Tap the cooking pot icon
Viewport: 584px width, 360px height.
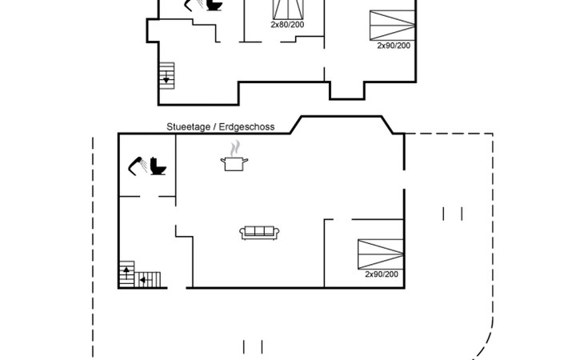coord(234,163)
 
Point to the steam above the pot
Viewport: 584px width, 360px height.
coord(234,148)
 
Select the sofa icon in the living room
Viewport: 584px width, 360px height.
coord(259,233)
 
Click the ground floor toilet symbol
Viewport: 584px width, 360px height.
coord(158,166)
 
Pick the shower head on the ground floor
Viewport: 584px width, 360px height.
coord(135,164)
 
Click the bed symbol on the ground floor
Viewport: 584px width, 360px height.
coord(380,254)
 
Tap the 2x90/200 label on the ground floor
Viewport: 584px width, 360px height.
coord(382,274)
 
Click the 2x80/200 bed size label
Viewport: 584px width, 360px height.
coord(287,25)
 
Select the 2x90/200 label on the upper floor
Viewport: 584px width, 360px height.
coord(394,46)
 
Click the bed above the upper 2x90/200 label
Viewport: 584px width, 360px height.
coord(393,24)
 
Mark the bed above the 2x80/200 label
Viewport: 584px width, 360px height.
coord(289,9)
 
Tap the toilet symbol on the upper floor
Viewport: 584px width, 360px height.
coord(214,6)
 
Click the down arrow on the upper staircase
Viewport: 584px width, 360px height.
coord(167,78)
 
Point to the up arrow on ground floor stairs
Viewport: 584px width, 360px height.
coord(126,273)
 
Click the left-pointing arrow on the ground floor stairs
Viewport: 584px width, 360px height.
coord(143,280)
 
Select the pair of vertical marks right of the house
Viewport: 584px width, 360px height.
coord(453,214)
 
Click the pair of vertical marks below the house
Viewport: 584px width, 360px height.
coord(253,347)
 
